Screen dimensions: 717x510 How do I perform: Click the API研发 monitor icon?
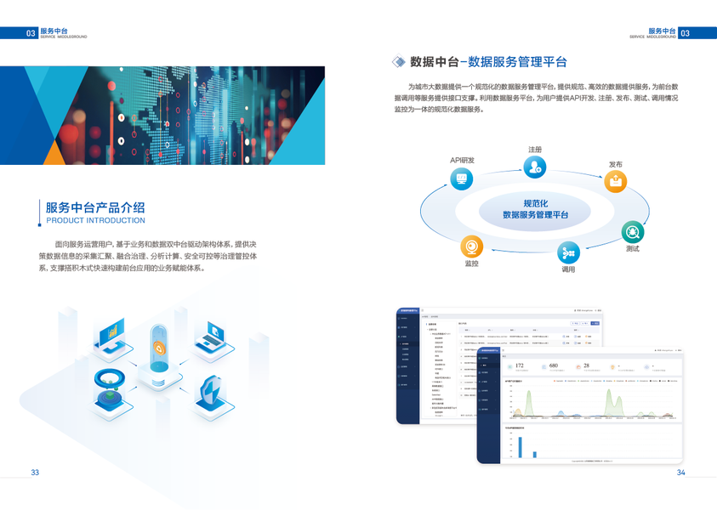[463, 178]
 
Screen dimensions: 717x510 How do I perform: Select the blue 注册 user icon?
[534, 167]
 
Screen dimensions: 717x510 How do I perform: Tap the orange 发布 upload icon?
[615, 180]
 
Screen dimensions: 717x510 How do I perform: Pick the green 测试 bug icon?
[632, 231]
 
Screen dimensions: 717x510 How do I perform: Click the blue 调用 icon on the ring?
[568, 252]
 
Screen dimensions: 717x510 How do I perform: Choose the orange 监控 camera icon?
[472, 246]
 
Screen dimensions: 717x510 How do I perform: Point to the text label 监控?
[472, 264]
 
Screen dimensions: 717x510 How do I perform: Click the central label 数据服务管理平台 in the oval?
[535, 215]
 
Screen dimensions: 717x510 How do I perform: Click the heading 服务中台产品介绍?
[94, 207]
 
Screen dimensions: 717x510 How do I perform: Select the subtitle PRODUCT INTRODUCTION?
[94, 220]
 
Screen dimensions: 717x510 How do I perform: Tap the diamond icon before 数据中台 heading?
[398, 61]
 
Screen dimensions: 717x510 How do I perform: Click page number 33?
[35, 473]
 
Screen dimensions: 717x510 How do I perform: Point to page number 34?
[680, 473]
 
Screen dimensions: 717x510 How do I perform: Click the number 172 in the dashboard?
[520, 365]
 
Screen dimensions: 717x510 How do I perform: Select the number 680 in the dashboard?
[553, 365]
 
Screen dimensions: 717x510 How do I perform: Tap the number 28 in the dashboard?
[586, 365]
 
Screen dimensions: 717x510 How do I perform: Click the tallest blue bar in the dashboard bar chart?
[520, 447]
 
